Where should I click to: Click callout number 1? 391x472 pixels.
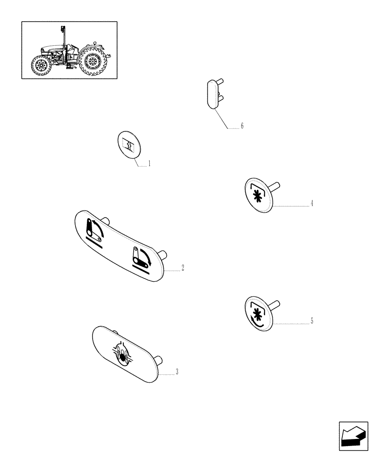pyautogui.click(x=149, y=164)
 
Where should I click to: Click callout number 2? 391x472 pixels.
pyautogui.click(x=182, y=268)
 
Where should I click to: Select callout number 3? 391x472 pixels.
pyautogui.click(x=177, y=372)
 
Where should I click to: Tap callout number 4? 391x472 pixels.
pyautogui.click(x=312, y=204)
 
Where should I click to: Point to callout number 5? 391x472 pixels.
pyautogui.click(x=312, y=321)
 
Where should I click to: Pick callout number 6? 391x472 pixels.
pyautogui.click(x=242, y=126)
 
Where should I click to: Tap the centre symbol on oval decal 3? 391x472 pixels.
pyautogui.click(x=123, y=354)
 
